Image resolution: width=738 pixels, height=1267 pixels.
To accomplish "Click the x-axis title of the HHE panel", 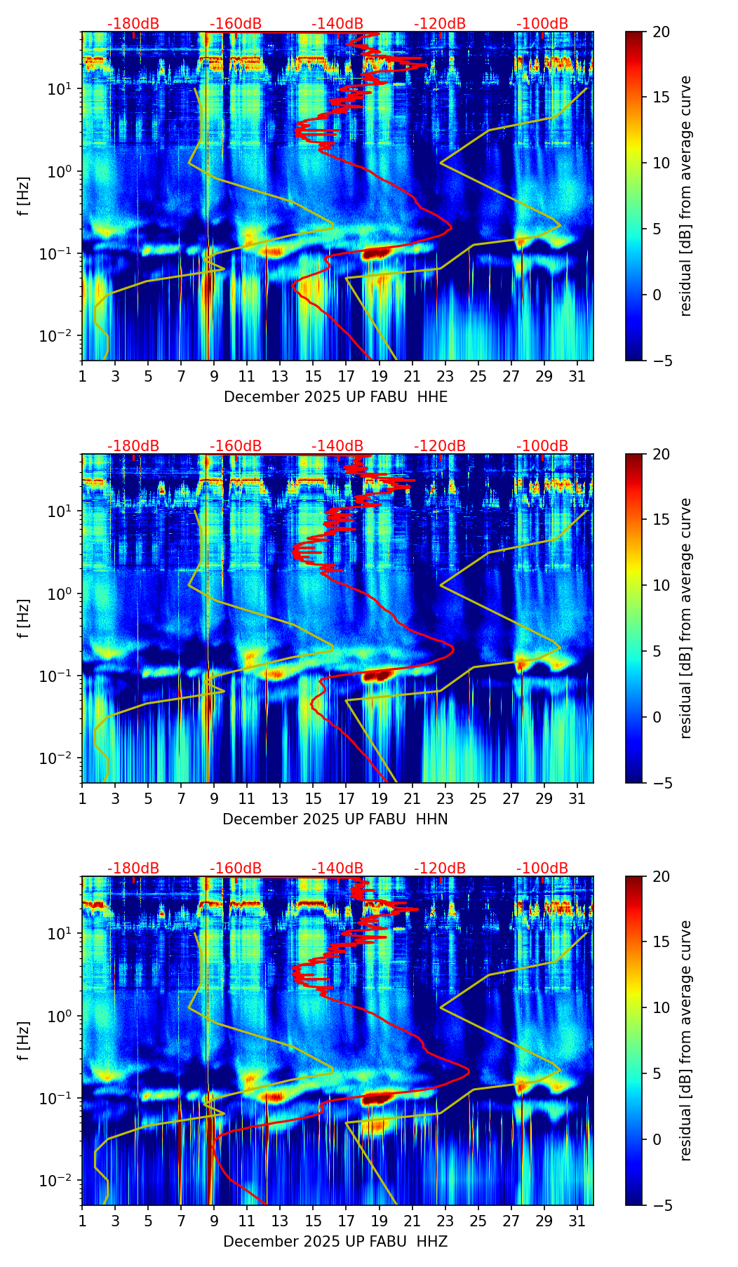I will (x=335, y=397).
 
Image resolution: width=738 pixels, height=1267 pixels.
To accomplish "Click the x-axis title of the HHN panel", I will (x=335, y=819).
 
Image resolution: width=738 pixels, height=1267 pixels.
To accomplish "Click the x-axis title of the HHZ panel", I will (x=335, y=1242).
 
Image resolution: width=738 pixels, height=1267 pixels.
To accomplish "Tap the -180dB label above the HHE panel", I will (x=133, y=24).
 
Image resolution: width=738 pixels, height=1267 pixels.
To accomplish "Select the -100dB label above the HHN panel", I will (x=542, y=446).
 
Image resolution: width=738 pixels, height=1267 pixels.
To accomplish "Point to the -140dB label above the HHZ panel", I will (x=337, y=869).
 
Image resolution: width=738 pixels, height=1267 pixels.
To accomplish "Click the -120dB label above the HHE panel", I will (x=440, y=24).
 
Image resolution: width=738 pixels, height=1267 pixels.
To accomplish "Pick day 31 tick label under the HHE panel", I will (x=577, y=377).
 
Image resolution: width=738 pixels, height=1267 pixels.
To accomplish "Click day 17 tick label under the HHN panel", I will (x=347, y=799).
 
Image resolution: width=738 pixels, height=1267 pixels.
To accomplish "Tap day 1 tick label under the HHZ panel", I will (x=82, y=1221).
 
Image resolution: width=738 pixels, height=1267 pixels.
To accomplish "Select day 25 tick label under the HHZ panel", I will (x=478, y=1221).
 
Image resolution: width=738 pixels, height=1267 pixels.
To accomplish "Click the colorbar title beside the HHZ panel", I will (x=685, y=1040).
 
